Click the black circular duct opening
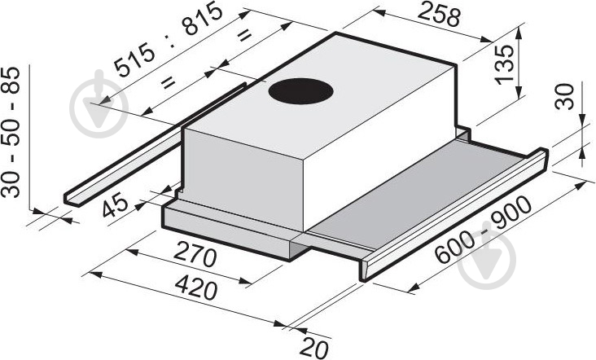[300, 91]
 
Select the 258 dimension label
[439, 15]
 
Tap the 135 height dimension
[504, 64]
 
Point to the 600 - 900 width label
[482, 229]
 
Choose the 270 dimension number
[195, 256]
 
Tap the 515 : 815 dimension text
[169, 38]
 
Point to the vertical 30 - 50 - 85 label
[11, 132]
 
